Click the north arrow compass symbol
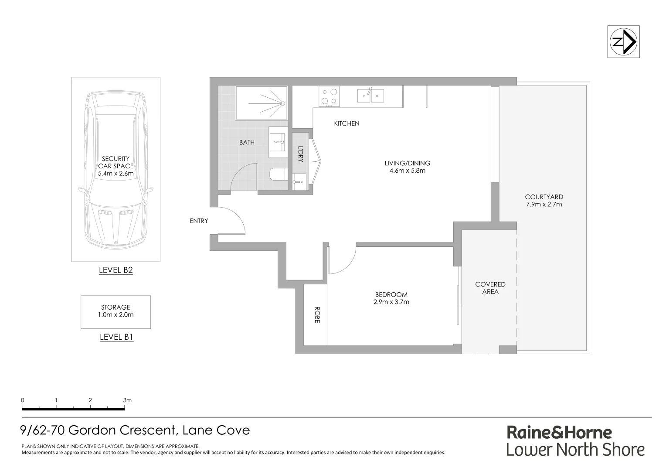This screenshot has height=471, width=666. coord(623,42)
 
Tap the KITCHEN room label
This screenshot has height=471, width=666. coord(347,123)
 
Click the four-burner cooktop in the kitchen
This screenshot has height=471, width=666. coord(330,96)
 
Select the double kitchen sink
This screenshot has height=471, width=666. coord(370,96)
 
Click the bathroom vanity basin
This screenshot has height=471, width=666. coord(276,142)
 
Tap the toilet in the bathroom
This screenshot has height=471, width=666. coord(277,175)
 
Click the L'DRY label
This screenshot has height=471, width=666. coord(300,154)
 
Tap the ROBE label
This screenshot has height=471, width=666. coord(317,315)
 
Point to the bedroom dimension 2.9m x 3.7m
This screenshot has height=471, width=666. coord(391,302)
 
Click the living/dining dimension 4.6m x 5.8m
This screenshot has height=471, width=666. coord(407,171)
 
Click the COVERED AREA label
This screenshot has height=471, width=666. coord(490,288)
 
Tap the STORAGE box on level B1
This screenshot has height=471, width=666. coord(116,311)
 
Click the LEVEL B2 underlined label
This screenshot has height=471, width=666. coord(116,270)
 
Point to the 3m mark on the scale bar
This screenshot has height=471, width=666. coord(127,400)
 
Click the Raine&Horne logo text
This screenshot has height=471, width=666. coord(559,432)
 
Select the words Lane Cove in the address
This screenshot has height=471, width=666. coord(216,430)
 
